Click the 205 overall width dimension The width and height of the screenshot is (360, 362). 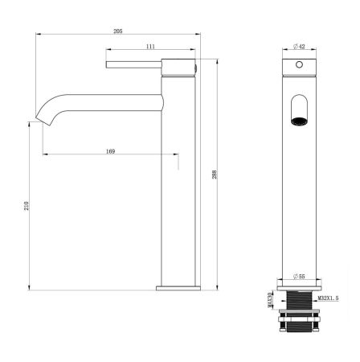117,30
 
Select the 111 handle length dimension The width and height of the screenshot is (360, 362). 150,47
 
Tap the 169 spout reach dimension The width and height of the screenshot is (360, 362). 110,149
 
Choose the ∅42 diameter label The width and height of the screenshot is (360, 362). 299,46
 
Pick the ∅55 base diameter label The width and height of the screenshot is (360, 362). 299,278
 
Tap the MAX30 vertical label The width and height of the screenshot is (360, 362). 270,301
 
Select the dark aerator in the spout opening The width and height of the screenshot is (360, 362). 300,122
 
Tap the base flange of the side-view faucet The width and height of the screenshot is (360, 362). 176,286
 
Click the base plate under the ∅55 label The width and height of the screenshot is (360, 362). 300,287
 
